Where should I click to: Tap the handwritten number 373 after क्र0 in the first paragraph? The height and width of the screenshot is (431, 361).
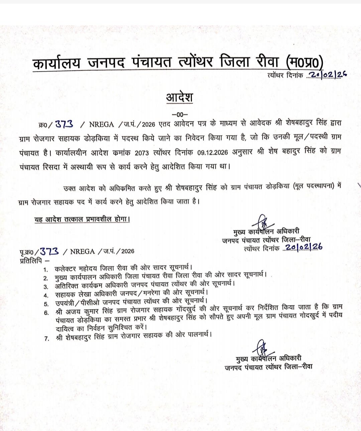[64, 124]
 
